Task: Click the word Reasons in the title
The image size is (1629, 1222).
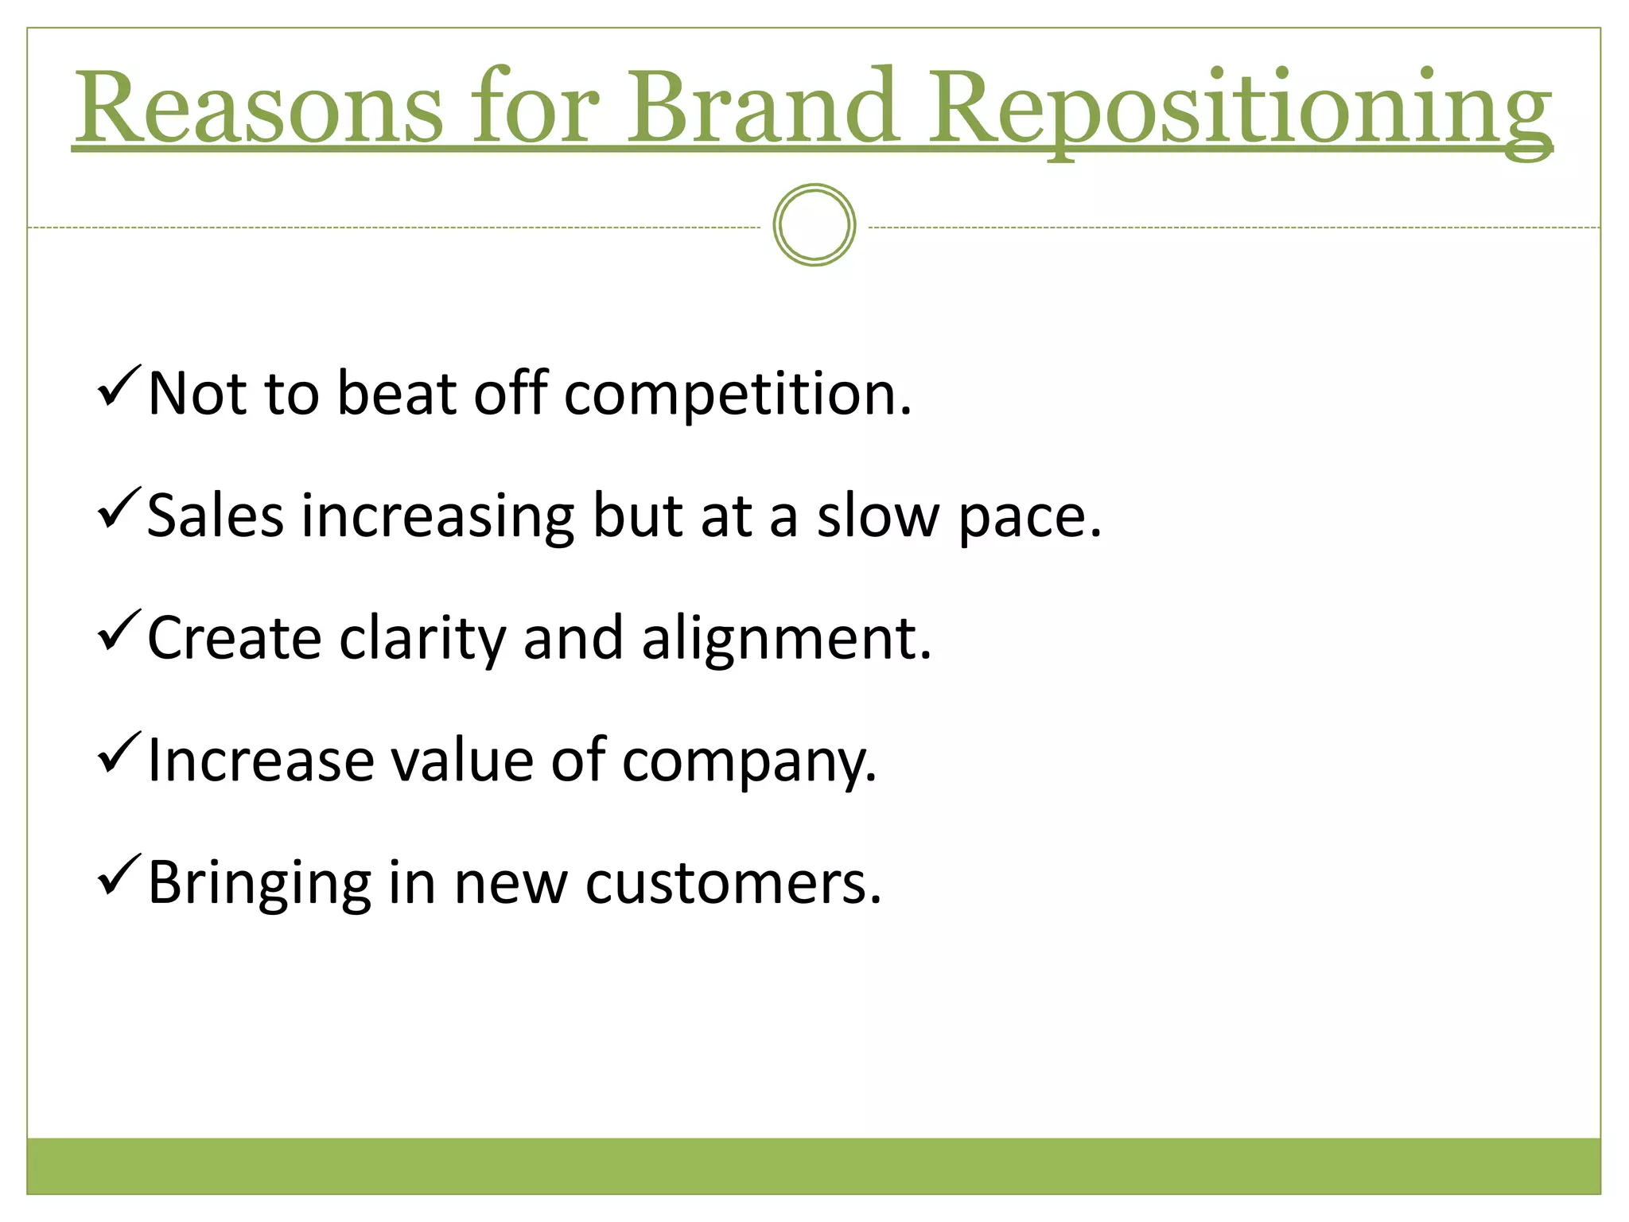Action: click(x=259, y=107)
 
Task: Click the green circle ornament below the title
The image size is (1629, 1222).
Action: click(x=814, y=225)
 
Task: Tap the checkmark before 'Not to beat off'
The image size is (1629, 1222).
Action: click(x=119, y=387)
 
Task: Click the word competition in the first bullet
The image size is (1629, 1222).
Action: click(x=737, y=395)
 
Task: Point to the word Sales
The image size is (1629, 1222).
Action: click(x=215, y=516)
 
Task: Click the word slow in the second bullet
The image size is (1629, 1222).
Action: click(x=877, y=516)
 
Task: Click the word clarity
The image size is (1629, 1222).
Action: click(x=422, y=640)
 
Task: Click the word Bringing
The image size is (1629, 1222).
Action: click(x=259, y=885)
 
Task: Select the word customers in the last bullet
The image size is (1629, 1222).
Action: click(x=733, y=885)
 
